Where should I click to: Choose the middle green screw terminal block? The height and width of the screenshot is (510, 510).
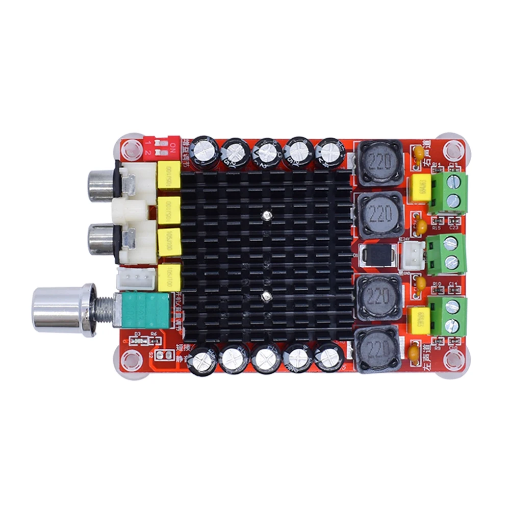[448, 253]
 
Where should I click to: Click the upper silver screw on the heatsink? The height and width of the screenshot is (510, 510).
[266, 215]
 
